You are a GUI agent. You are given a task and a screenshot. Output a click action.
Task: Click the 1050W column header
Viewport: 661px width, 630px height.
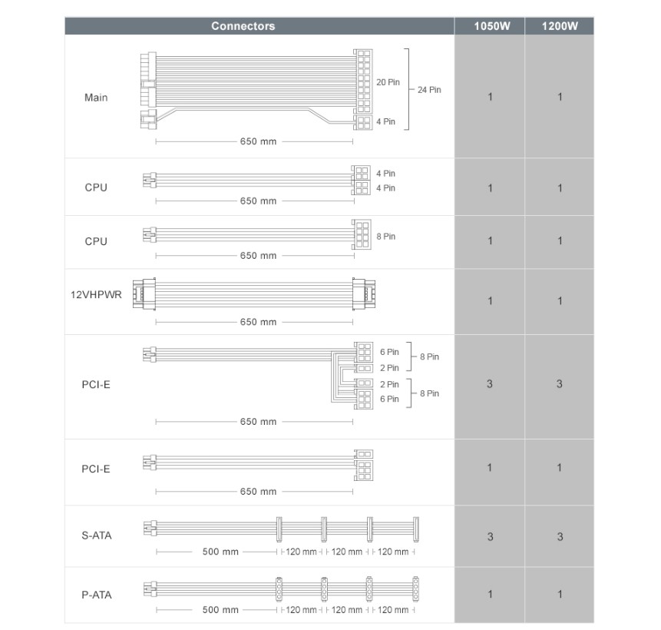click(490, 26)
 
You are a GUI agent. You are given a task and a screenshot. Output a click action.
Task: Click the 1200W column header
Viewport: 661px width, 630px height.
click(559, 26)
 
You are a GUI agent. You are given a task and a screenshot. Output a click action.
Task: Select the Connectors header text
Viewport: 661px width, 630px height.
click(243, 26)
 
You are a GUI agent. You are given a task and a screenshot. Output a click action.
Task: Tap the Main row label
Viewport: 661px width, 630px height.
click(96, 98)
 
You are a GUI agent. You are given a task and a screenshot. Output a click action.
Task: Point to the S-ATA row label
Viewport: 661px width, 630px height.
click(96, 535)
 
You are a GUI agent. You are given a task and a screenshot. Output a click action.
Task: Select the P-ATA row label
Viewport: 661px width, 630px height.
click(96, 594)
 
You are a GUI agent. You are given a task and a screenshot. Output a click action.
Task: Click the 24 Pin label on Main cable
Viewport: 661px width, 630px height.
click(429, 90)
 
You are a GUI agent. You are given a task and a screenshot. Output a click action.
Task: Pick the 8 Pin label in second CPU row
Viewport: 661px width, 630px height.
click(385, 237)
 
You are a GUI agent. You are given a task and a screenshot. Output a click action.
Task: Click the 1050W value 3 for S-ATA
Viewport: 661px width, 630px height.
click(490, 536)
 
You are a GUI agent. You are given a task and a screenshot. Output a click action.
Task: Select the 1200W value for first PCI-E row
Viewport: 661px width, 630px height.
click(559, 383)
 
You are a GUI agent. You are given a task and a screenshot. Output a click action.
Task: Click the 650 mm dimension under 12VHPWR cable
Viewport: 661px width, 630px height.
click(258, 322)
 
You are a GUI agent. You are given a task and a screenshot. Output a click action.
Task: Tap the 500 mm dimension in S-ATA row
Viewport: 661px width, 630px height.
click(220, 552)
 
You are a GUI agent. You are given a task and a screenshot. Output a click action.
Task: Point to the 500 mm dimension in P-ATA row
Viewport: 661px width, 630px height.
click(220, 610)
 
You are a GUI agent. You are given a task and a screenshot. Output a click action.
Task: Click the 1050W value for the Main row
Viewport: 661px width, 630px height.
click(490, 97)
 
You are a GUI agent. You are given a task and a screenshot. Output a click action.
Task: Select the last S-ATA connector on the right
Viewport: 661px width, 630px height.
click(416, 528)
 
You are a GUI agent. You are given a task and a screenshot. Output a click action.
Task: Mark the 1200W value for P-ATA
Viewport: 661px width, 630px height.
click(559, 594)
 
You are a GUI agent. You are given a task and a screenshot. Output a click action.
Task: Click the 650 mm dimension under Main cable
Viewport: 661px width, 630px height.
click(258, 141)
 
